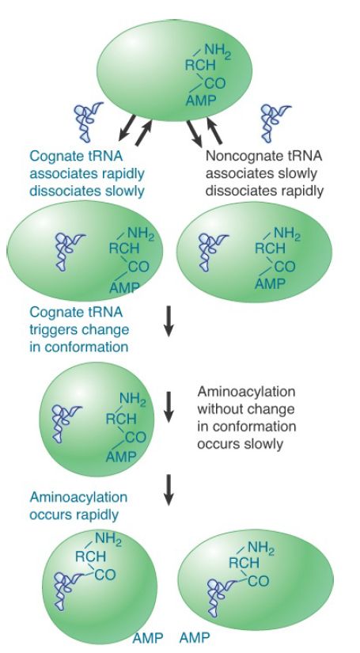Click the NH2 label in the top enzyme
(x=218, y=51)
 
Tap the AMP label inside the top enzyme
(x=201, y=100)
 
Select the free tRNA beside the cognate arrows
(x=88, y=121)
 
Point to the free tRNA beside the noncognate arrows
(x=275, y=122)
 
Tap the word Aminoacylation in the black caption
(x=246, y=392)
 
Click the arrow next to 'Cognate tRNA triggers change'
(x=169, y=321)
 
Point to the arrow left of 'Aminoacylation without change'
(x=169, y=407)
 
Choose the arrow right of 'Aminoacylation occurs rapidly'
(x=169, y=490)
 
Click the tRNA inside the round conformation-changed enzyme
(x=65, y=423)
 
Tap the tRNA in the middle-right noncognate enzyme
(x=211, y=252)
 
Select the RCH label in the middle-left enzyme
(x=124, y=249)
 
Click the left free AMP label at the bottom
(x=148, y=638)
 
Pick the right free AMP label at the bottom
(x=195, y=638)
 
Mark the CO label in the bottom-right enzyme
(x=259, y=581)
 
